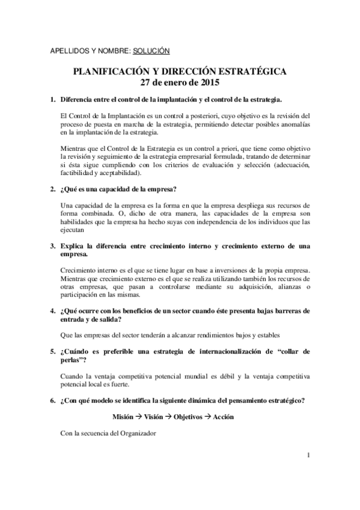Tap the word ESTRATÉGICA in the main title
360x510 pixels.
253,71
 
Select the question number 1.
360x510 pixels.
52,99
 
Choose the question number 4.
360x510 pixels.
52,310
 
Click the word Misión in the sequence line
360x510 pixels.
124,417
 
